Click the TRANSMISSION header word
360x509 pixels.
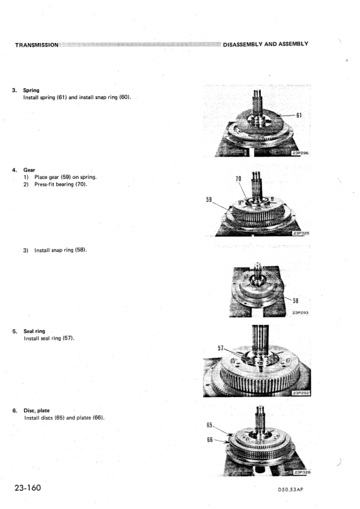point(37,45)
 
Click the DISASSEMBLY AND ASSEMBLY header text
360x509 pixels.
point(266,44)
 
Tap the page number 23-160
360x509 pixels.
point(28,488)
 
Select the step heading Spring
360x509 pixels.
point(31,90)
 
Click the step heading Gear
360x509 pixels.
point(29,170)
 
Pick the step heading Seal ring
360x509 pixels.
point(34,331)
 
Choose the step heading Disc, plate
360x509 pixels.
point(36,410)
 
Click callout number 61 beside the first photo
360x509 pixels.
point(299,115)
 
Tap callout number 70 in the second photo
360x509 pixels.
point(238,178)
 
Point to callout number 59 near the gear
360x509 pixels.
point(209,199)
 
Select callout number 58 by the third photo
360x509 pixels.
point(295,300)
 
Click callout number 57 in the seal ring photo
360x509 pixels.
point(221,348)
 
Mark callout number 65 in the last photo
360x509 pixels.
point(209,425)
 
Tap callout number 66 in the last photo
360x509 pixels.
point(210,439)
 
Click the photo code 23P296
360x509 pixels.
point(300,153)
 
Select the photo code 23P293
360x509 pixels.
point(301,313)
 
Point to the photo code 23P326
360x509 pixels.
point(302,472)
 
